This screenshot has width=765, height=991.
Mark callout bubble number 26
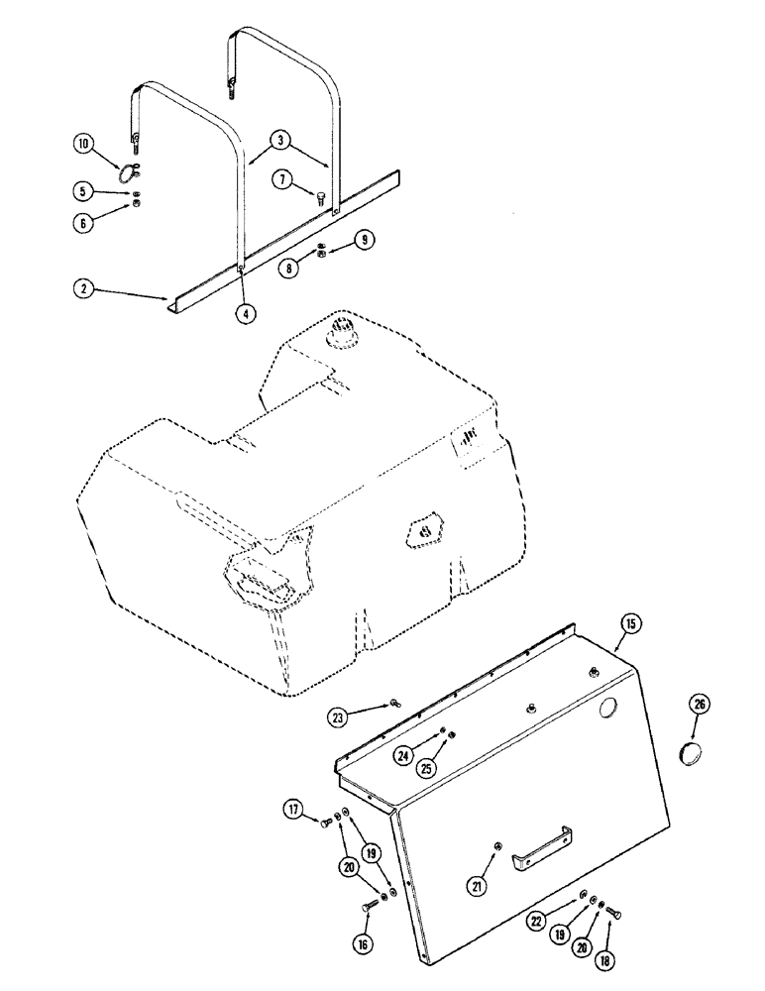700,705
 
